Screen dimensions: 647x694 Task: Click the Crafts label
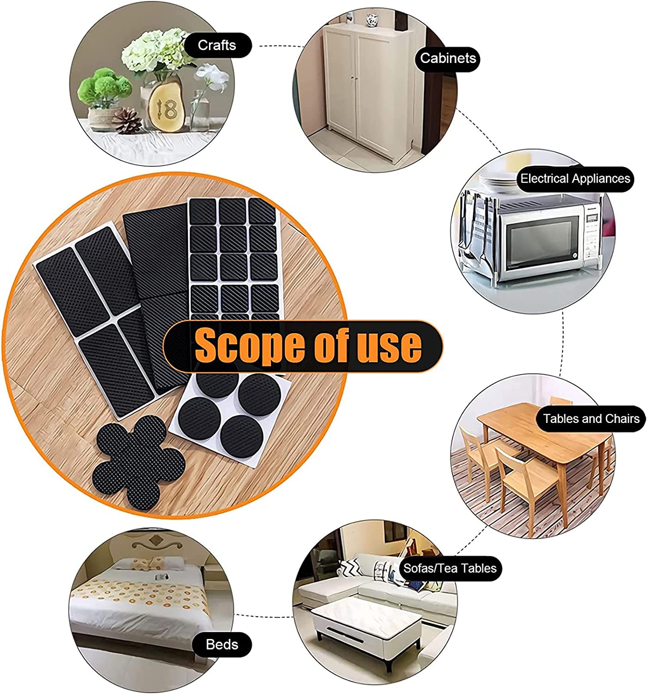point(217,45)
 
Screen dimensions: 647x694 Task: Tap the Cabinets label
point(448,58)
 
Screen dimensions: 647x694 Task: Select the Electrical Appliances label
point(575,179)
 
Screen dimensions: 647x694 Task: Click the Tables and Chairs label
point(591,419)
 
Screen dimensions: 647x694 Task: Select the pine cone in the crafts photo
point(127,121)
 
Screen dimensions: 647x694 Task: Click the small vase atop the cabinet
point(372,19)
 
